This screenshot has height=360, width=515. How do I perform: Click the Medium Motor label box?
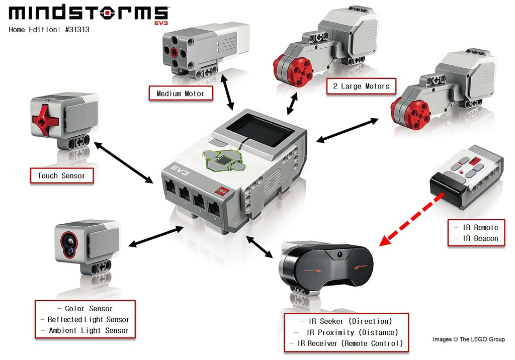point(180,94)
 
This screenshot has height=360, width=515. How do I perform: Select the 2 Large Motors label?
point(361,86)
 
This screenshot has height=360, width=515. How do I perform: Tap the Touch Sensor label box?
point(61,176)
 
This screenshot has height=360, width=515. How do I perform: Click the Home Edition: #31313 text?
point(49,30)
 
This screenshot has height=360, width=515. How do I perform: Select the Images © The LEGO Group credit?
point(468,339)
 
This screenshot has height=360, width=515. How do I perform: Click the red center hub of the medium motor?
point(175,52)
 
